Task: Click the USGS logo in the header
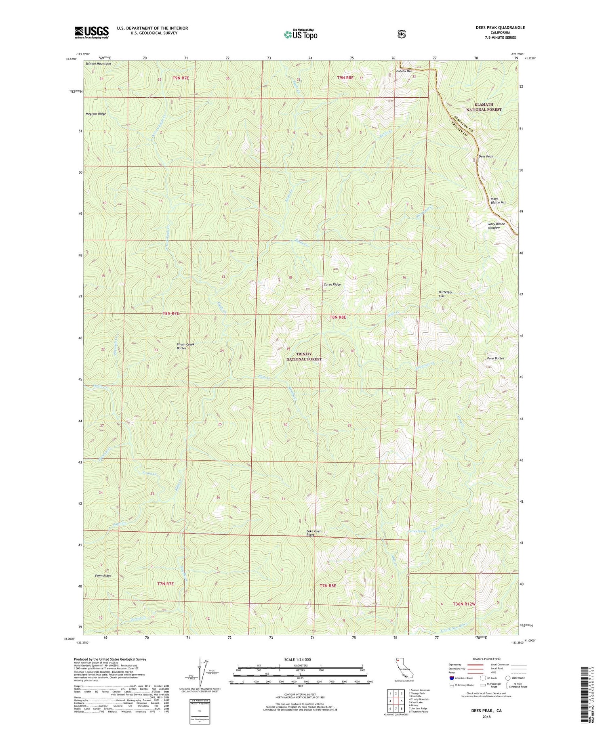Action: coord(91,32)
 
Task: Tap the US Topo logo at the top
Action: coord(301,34)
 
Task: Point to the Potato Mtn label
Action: coord(404,71)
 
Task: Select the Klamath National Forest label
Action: coord(484,107)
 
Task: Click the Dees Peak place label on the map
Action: coord(486,156)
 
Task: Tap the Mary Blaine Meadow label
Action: coord(496,226)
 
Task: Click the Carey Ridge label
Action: coord(332,285)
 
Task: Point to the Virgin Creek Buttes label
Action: coord(185,346)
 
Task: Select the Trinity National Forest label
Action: coord(304,357)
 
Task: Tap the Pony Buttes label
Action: coord(495,358)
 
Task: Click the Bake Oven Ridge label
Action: coord(314,533)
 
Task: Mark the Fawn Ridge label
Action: coord(103,576)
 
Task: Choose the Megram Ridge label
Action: coord(96,114)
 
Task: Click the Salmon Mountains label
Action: coord(98,64)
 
